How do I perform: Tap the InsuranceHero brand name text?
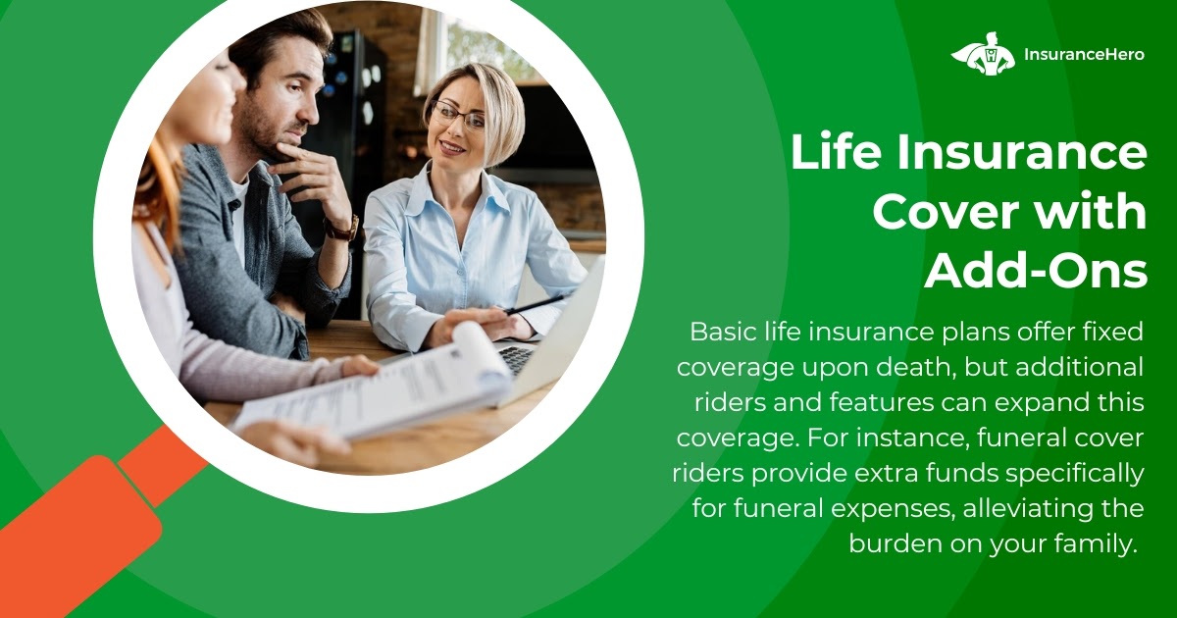pyautogui.click(x=1084, y=55)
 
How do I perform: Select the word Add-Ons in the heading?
pyautogui.click(x=1036, y=271)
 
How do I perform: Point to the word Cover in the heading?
pyautogui.click(x=945, y=212)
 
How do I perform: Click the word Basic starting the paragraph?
pyautogui.click(x=723, y=332)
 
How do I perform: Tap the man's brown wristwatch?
pyautogui.click(x=342, y=230)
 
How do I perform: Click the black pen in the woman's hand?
pyautogui.click(x=535, y=305)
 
